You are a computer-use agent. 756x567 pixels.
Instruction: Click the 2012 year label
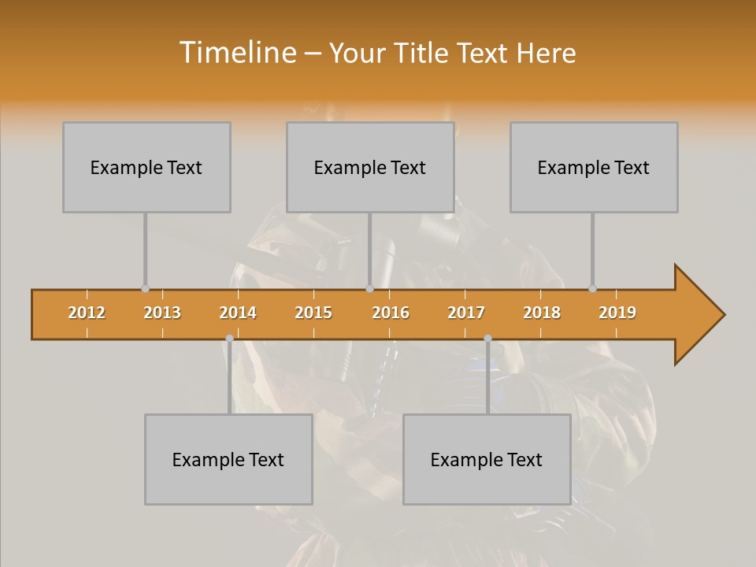(87, 313)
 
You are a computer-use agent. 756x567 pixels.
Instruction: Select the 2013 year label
(162, 313)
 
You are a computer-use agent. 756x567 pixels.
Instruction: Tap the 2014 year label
(238, 313)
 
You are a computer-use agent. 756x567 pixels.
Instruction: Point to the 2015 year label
(313, 313)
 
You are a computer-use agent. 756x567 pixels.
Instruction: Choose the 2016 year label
(391, 313)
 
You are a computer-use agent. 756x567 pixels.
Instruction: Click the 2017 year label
(466, 313)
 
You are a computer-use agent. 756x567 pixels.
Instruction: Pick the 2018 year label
(542, 313)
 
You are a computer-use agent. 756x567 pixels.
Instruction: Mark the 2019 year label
(617, 313)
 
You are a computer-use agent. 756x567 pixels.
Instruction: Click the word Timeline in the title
(236, 53)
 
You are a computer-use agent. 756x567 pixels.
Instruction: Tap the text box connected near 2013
(146, 167)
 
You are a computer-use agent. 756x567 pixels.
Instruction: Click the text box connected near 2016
(370, 167)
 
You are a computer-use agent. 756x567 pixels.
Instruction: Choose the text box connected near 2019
(594, 167)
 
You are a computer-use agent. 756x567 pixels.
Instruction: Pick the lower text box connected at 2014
(228, 459)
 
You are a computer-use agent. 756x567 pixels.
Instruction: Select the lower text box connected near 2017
(487, 459)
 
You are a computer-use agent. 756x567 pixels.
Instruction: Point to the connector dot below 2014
(229, 339)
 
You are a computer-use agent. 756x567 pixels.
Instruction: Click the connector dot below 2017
(487, 339)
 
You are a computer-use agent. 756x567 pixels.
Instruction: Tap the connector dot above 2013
(145, 288)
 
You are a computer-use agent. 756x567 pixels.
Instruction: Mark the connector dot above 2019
(592, 288)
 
